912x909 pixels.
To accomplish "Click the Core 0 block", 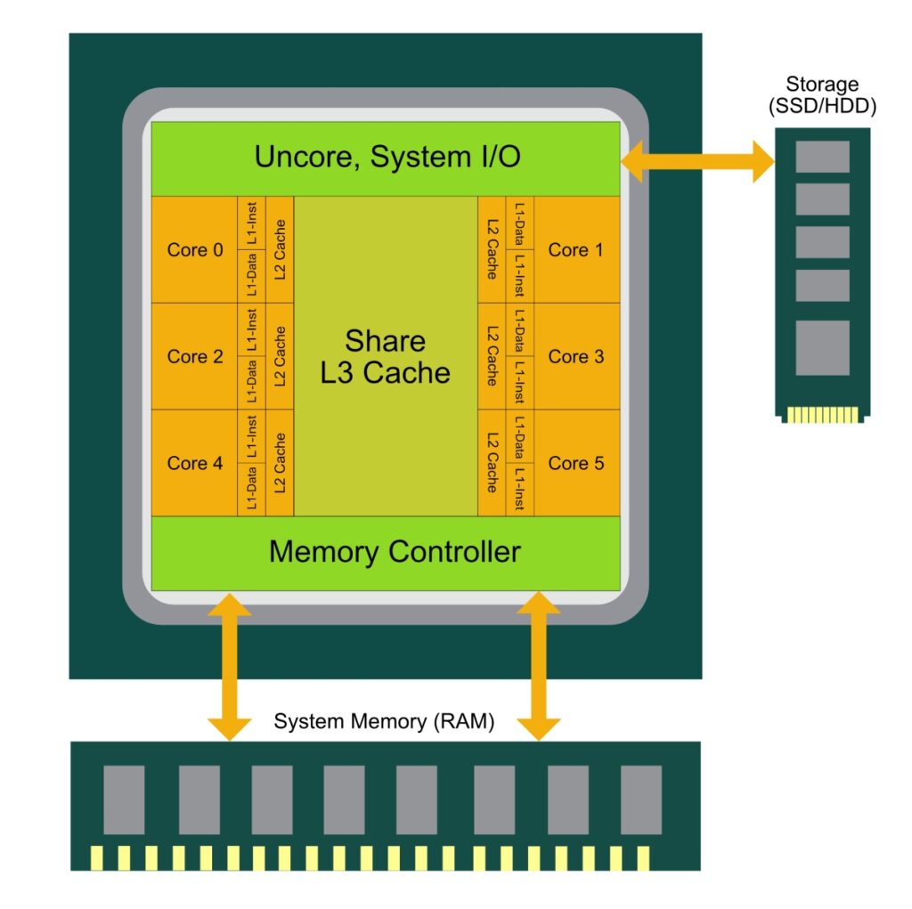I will (x=195, y=250).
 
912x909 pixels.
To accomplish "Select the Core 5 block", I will (x=575, y=463).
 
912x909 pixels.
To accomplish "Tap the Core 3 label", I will (x=575, y=357).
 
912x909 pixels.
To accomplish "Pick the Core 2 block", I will (x=195, y=357).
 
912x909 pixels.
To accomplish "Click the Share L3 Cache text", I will (x=385, y=356).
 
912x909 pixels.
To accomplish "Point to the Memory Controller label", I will (x=394, y=552).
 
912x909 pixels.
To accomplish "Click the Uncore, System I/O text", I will (x=387, y=158).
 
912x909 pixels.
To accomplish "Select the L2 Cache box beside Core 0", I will (x=280, y=250).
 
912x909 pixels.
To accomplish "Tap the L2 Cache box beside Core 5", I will (x=492, y=463).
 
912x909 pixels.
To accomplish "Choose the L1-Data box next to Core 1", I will (x=519, y=223).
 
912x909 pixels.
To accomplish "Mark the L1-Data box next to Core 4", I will (x=252, y=489).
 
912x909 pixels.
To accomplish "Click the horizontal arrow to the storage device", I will (x=696, y=162).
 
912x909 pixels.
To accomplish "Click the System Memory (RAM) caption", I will (x=383, y=721).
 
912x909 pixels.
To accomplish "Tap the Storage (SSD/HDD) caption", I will (x=822, y=95).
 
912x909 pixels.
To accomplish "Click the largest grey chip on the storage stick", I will (x=822, y=348).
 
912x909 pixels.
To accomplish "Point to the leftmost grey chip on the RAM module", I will (x=124, y=799).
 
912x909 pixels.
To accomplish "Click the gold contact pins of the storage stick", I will (x=822, y=415).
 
